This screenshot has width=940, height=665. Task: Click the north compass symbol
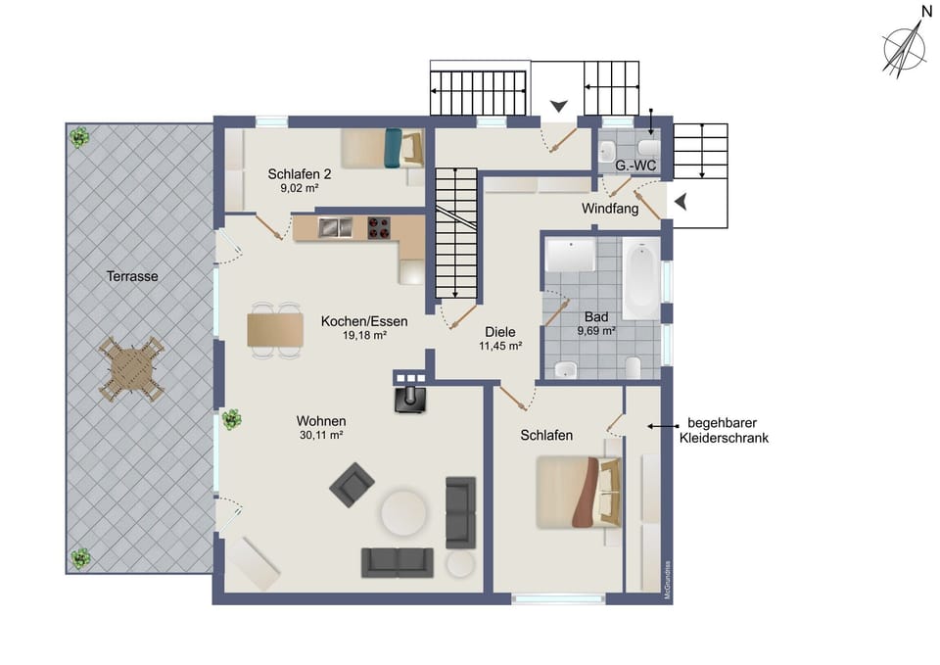(905, 46)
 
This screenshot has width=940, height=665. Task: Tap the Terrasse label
(132, 276)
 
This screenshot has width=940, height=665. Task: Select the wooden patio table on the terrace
(129, 369)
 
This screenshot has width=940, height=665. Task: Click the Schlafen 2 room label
(300, 175)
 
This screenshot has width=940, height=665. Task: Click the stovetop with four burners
(380, 227)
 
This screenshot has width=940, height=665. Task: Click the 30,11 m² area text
(320, 436)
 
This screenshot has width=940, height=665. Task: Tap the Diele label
(499, 331)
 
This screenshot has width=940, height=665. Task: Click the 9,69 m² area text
(595, 332)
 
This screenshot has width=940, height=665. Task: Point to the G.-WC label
(634, 166)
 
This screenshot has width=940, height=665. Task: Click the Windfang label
(610, 209)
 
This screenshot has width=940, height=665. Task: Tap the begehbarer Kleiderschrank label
(724, 432)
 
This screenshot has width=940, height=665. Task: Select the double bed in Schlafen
(578, 492)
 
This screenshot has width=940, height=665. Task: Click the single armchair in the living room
(352, 485)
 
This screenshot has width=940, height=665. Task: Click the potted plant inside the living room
(232, 420)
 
